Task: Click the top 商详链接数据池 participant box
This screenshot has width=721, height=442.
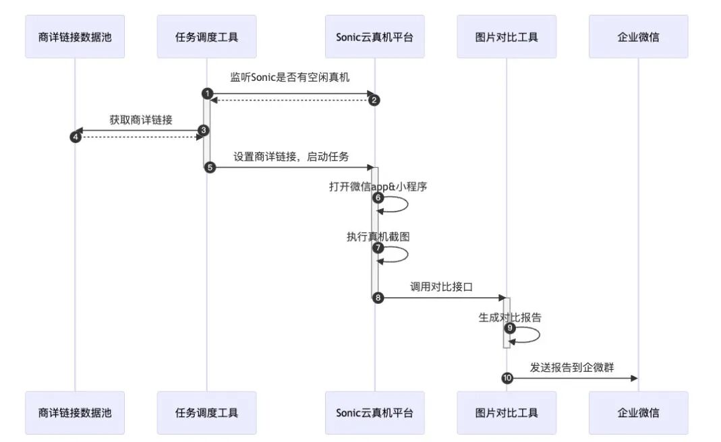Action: [75, 36]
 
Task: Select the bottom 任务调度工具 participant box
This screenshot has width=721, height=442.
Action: [206, 412]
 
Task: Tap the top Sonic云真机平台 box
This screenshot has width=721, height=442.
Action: [374, 36]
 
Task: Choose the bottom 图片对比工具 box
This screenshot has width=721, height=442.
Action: [507, 412]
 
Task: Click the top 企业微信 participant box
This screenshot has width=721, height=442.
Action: [638, 36]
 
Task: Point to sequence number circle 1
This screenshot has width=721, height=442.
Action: [207, 92]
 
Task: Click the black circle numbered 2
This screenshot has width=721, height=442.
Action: [375, 100]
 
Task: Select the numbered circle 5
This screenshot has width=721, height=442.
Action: [209, 167]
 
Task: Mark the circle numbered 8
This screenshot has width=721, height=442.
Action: [378, 298]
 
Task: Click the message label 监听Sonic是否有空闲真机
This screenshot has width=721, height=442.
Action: [290, 77]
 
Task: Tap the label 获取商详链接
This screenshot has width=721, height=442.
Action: [141, 121]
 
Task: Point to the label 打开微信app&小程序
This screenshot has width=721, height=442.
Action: [378, 187]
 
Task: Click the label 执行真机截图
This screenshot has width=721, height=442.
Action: [378, 236]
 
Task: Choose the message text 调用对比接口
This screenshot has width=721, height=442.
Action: [441, 286]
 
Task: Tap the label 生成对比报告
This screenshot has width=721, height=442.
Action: [510, 317]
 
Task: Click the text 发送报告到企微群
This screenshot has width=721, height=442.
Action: [571, 367]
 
